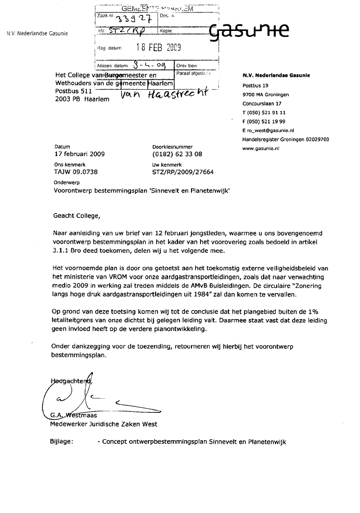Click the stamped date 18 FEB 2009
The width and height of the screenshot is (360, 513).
point(159,48)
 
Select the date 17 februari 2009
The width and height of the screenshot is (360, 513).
point(80,154)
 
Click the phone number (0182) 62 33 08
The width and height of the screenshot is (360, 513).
point(177,154)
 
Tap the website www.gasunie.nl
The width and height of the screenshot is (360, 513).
point(260,148)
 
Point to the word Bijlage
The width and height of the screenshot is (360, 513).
point(62,442)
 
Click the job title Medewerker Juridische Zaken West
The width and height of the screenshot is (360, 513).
point(104,424)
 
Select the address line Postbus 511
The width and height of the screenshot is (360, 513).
point(73,92)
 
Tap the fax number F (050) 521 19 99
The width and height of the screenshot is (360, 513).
point(264,121)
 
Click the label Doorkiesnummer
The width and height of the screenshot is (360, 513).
point(169,147)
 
